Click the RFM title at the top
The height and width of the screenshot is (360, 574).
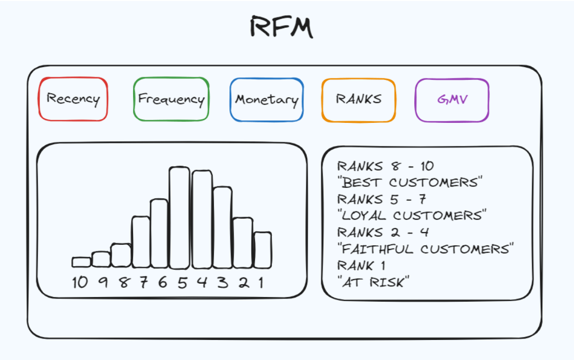pos(281,27)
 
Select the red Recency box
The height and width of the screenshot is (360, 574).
pos(73,99)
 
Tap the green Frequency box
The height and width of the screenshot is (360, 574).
pos(171,99)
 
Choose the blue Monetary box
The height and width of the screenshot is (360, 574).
pos(266,99)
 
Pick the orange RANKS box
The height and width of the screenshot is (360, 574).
pos(358,99)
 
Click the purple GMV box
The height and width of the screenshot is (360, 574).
pos(452,100)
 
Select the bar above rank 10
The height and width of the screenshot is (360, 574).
pos(81,262)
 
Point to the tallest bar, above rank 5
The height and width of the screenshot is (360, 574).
pos(180,218)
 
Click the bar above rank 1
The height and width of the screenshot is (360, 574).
pos(263,250)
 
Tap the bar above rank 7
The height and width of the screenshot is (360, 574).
pos(141,242)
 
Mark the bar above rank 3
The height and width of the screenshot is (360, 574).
pos(222,227)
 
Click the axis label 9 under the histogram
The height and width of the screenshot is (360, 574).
pos(102,282)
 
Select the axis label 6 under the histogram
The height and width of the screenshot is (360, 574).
pos(162,282)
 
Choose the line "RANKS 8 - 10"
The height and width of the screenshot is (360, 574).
pos(385,166)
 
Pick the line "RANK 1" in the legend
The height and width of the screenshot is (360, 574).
pos(362,265)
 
